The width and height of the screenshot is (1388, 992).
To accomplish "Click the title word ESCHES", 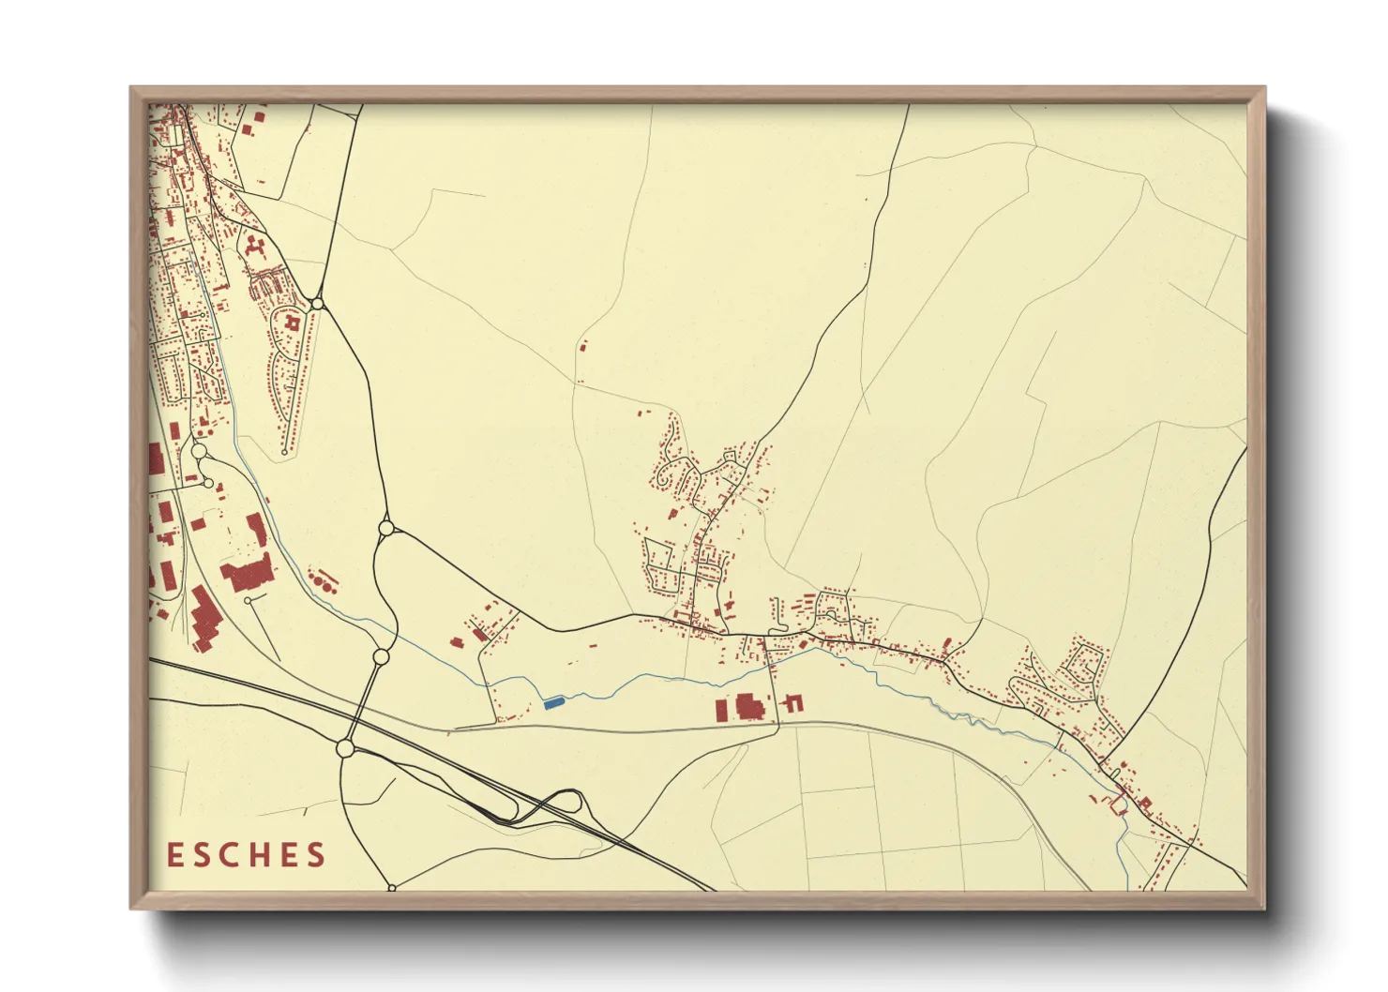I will (x=247, y=854).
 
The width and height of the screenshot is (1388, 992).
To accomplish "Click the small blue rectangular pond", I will (x=553, y=700).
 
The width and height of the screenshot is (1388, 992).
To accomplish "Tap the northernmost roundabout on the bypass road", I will (x=318, y=304).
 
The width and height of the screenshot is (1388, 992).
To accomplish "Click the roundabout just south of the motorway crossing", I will (x=345, y=748).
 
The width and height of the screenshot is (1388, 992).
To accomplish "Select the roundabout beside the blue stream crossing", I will (x=381, y=657).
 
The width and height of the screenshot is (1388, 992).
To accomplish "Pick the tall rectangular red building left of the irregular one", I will (x=721, y=709).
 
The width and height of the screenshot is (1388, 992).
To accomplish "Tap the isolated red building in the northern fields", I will (x=583, y=346).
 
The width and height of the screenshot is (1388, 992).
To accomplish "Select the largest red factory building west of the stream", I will (x=203, y=619).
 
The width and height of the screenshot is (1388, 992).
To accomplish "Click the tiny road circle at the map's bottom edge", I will (x=392, y=887).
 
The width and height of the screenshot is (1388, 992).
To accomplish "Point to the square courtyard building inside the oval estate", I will (x=292, y=323).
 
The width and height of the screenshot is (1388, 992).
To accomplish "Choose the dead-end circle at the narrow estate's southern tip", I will (x=284, y=453).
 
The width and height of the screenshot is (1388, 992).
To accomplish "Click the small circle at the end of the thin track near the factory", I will (x=247, y=600).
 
